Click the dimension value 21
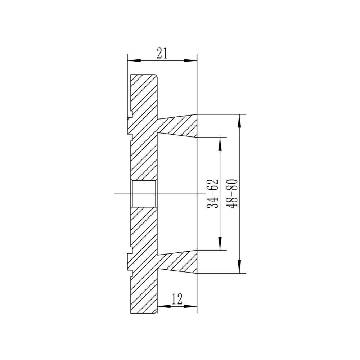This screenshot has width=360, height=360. (x=162, y=53)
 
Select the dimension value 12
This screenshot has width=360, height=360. (x=177, y=299)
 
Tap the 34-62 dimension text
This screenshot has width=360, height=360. (x=212, y=194)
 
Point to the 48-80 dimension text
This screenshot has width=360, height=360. (x=231, y=194)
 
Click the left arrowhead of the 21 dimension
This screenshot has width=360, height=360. (x=134, y=60)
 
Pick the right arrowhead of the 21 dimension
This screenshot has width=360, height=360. (x=190, y=60)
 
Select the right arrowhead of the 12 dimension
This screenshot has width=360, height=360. (x=190, y=306)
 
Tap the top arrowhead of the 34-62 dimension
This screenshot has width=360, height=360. (x=220, y=144)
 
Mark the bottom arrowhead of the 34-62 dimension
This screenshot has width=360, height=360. (x=220, y=243)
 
